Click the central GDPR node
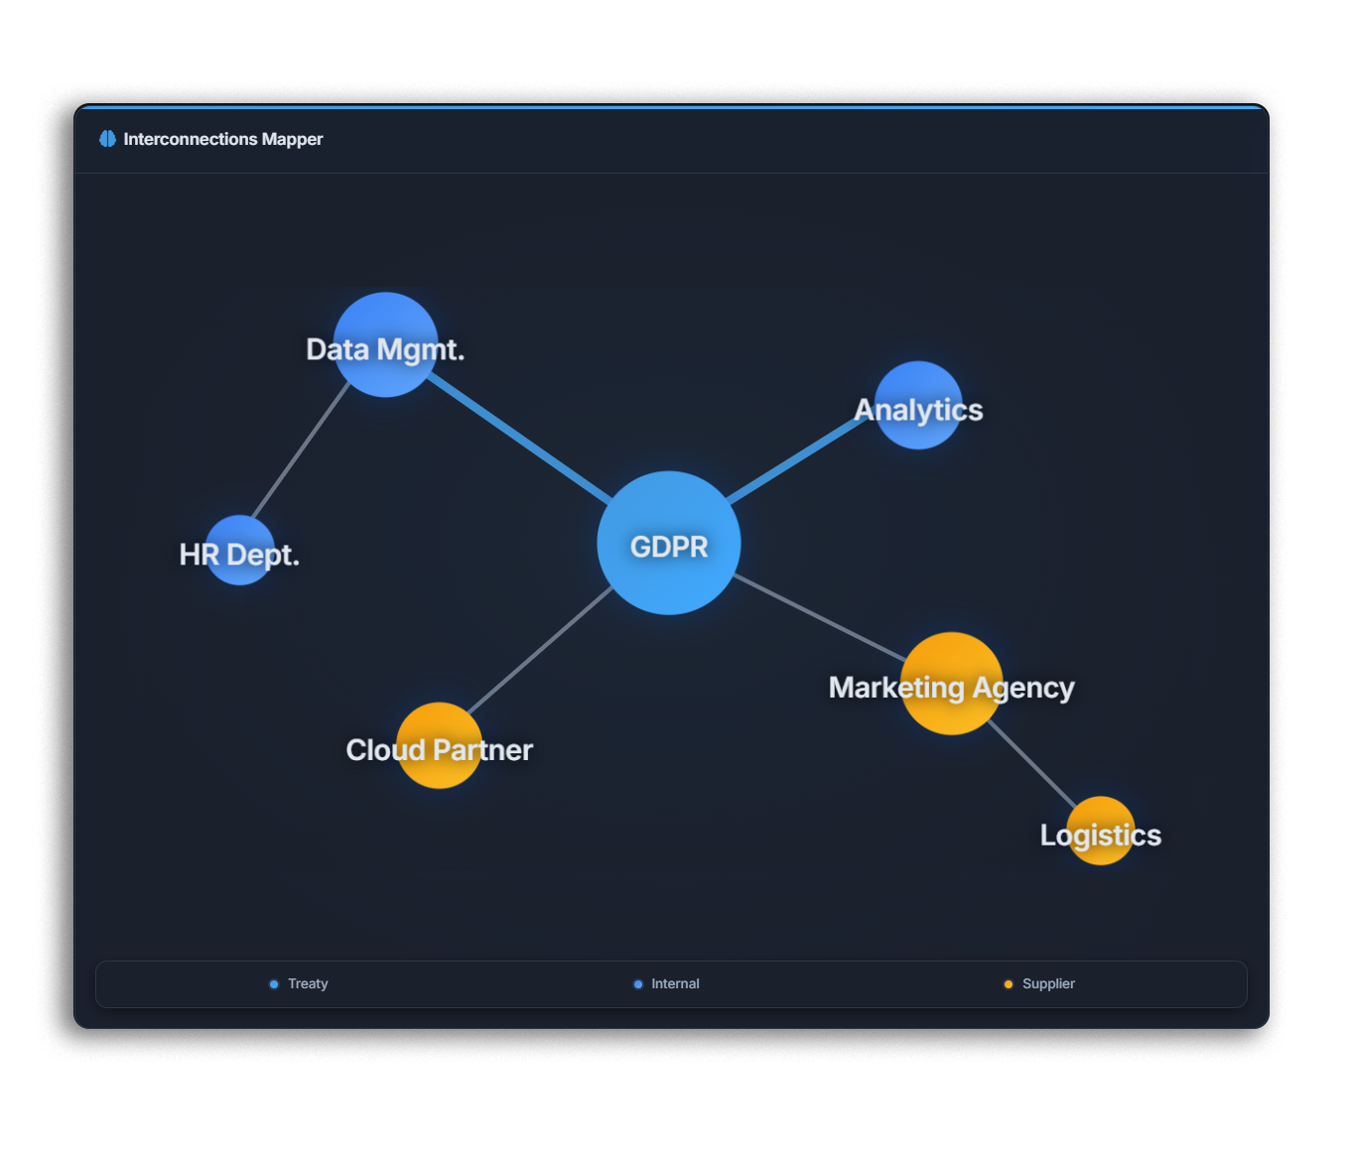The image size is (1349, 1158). point(668,543)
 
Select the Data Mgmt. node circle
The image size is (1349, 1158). point(385,343)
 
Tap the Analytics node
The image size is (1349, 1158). point(918,405)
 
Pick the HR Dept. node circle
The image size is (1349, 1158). point(240,550)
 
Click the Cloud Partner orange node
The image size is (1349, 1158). point(439,745)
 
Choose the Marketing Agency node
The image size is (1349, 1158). point(951,683)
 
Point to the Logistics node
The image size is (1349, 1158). point(1100,831)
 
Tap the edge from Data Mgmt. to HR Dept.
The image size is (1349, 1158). point(300,449)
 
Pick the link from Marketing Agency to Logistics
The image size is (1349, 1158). point(1032,764)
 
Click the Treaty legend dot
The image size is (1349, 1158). point(274,984)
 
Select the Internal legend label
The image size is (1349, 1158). point(675,983)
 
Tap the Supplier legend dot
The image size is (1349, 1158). point(1009,984)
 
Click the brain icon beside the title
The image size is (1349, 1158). point(107,139)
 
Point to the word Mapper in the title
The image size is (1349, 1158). point(292,139)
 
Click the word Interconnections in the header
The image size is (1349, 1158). point(190,139)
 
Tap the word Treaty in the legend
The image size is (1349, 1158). point(308,983)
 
